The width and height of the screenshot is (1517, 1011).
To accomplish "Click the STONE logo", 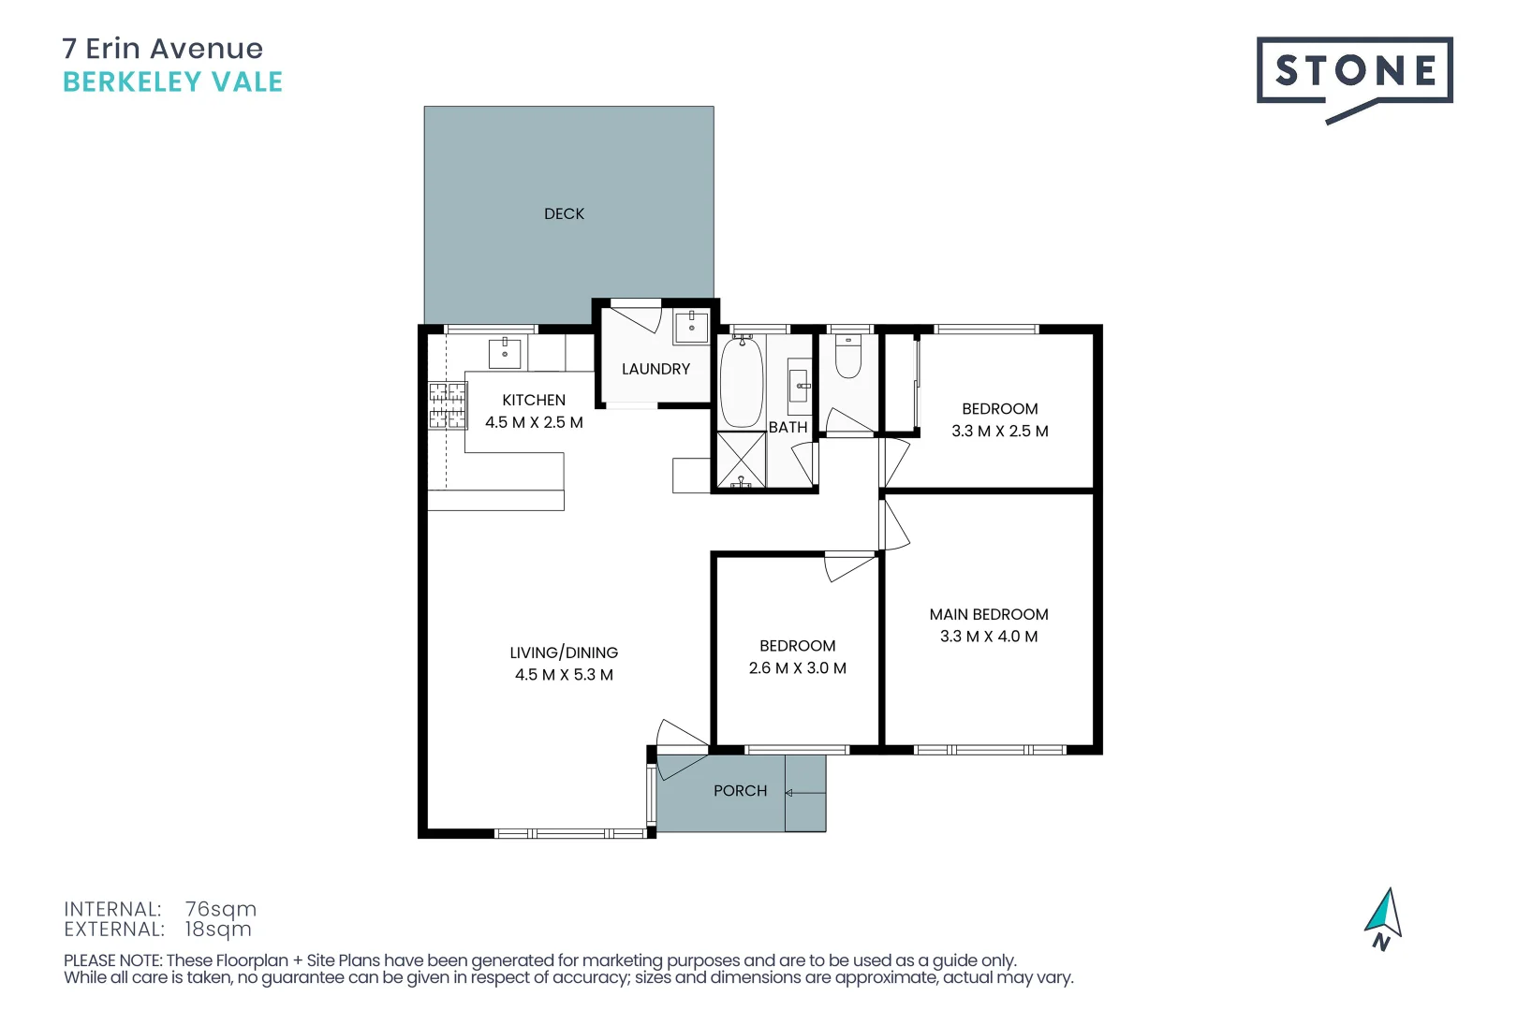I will (1353, 72).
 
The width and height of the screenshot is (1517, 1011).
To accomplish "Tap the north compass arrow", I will (1384, 915).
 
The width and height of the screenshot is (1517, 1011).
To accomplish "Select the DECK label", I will (564, 214).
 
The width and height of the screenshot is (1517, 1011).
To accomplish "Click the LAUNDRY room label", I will (655, 370).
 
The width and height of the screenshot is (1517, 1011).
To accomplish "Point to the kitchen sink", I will (505, 353).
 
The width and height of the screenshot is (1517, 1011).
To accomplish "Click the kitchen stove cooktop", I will (448, 405).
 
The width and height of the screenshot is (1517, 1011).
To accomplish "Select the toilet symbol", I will (848, 357).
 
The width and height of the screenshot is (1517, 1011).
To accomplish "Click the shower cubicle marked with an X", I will (741, 460).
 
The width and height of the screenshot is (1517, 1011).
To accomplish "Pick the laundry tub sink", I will (691, 327).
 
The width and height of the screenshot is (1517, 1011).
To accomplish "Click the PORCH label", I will (740, 791).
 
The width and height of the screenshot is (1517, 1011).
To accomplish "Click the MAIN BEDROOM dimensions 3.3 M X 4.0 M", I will (989, 637).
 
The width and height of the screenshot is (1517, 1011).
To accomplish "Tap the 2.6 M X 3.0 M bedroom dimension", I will (797, 668).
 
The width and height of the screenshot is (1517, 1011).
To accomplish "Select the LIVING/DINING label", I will (564, 652).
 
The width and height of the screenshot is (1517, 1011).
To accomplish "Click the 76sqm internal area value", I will (220, 909).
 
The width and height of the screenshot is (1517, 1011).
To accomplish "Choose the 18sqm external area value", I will (218, 930).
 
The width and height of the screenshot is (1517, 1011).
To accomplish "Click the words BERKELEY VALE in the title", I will (172, 82).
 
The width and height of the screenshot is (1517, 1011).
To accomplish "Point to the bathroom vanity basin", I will (801, 385).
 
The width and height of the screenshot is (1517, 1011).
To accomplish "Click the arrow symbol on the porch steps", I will (790, 793).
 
